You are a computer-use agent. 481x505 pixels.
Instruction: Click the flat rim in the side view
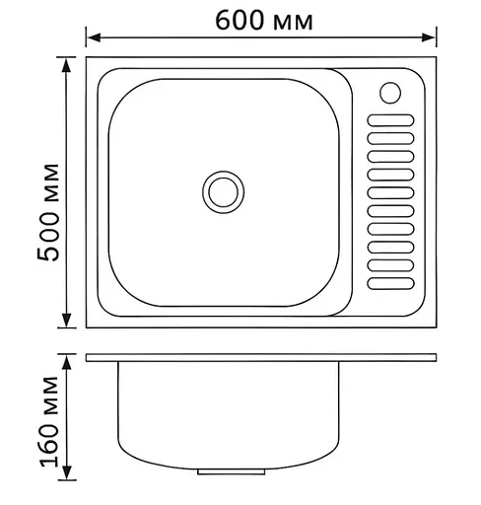pyautogui.click(x=261, y=355)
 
